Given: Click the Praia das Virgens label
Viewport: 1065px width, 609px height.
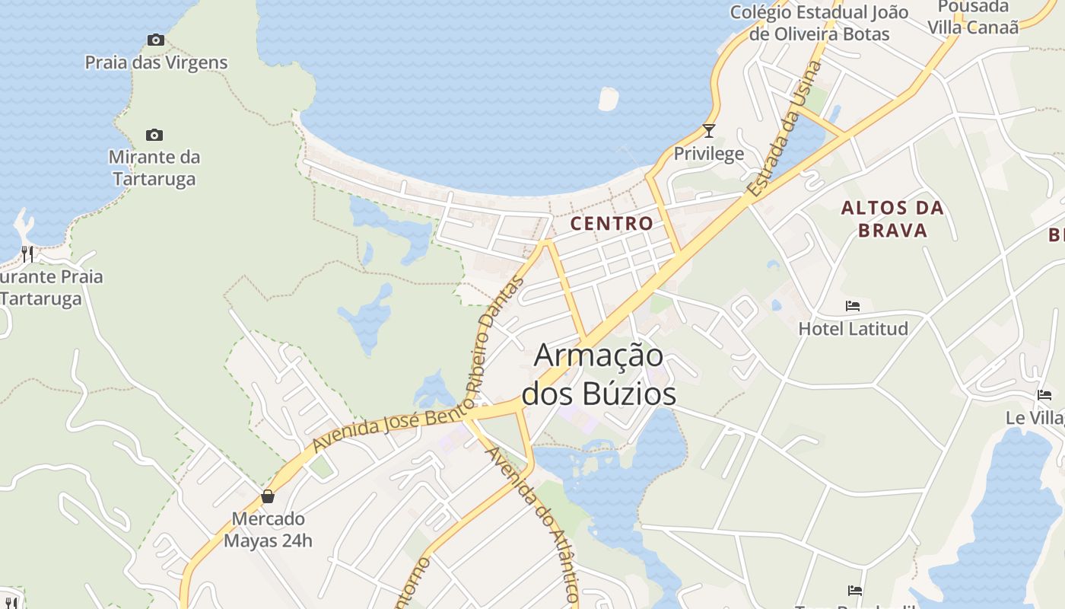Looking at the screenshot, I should (x=156, y=62).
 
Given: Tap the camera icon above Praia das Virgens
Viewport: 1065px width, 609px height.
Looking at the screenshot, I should (x=156, y=40).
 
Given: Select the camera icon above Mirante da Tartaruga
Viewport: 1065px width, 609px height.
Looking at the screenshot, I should (x=154, y=136).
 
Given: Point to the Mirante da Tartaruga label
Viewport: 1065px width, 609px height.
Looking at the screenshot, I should (x=154, y=168).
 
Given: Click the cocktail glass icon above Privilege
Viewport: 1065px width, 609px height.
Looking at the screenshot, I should (x=709, y=131).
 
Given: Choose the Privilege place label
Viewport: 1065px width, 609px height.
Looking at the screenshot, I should (x=709, y=154).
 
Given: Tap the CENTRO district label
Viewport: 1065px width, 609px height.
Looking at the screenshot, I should (x=612, y=223).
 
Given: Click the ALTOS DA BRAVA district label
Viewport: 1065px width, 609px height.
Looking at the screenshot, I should (x=892, y=218).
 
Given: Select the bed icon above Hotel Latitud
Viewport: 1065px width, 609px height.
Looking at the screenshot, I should (x=853, y=306).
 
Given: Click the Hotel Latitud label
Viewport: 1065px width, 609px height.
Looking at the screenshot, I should (x=853, y=329).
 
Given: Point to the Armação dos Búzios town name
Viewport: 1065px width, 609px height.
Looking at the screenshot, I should (x=599, y=375).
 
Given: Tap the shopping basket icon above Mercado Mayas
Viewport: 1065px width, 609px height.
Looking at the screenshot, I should (x=268, y=496).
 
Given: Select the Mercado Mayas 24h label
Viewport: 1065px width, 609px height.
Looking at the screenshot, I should (x=268, y=530).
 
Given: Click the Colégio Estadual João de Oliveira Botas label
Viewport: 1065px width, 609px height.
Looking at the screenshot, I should (x=819, y=23).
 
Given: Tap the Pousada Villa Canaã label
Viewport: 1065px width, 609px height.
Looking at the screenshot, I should (x=973, y=17).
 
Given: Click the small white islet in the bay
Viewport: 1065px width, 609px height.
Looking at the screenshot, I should (x=609, y=99).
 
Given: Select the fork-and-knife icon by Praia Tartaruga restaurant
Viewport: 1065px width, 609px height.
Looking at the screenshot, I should (x=27, y=253).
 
